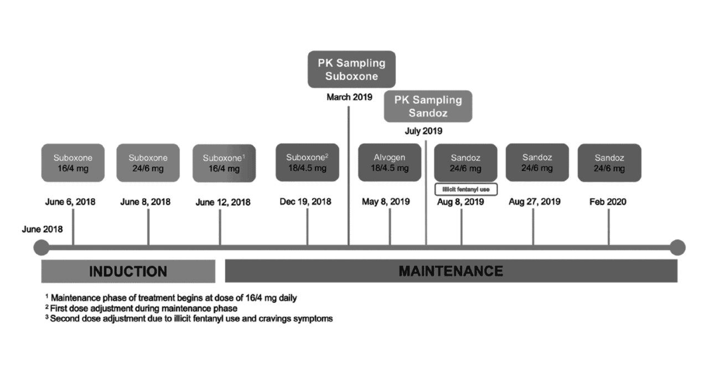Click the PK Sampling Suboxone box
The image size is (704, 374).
pyautogui.click(x=351, y=69)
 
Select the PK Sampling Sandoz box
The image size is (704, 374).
pyautogui.click(x=428, y=106)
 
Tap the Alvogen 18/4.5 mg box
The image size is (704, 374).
pyautogui.click(x=390, y=163)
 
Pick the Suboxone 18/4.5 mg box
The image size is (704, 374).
pyautogui.click(x=307, y=163)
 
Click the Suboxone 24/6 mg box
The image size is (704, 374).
pyautogui.click(x=148, y=163)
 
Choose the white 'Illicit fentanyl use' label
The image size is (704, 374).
pyautogui.click(x=466, y=189)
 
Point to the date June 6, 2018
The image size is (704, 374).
pyautogui.click(x=70, y=202)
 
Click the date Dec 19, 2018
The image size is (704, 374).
pyautogui.click(x=306, y=201)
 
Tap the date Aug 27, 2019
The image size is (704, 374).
pyautogui.click(x=535, y=201)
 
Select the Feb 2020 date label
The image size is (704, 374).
pyautogui.click(x=608, y=201)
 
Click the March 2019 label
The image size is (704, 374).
pyautogui.click(x=349, y=97)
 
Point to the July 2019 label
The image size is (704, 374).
pyautogui.click(x=423, y=131)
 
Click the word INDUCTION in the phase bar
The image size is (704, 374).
pyautogui.click(x=128, y=272)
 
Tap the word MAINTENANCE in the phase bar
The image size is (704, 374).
pyautogui.click(x=451, y=271)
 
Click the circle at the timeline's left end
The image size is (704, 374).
pyautogui.click(x=42, y=247)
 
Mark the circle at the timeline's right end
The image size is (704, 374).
pyautogui.click(x=677, y=247)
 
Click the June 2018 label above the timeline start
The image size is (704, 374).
pyautogui.click(x=42, y=229)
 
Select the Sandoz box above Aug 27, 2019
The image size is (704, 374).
pyautogui.click(x=537, y=163)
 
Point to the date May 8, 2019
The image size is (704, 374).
pyautogui.click(x=386, y=201)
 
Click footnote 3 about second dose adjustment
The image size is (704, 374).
pyautogui.click(x=189, y=318)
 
